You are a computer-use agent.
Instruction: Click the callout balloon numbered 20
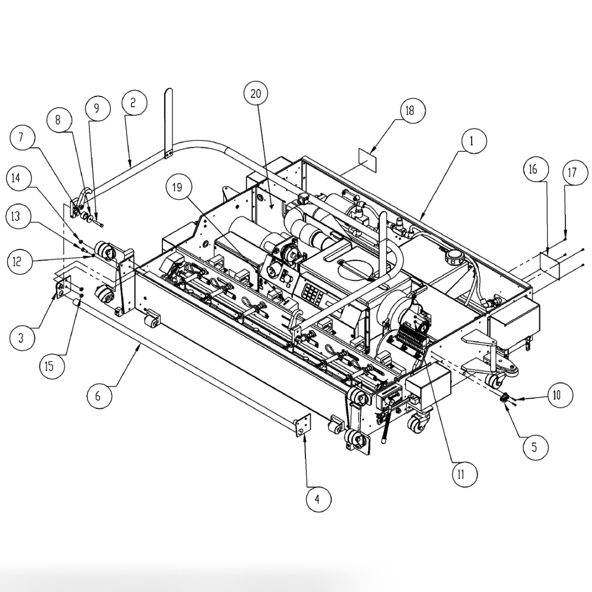pyautogui.click(x=256, y=94)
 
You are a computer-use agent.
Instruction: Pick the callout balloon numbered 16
pyautogui.click(x=533, y=169)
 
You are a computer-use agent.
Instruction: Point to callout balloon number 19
pyautogui.click(x=178, y=187)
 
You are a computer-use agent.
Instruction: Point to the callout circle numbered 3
pyautogui.click(x=21, y=338)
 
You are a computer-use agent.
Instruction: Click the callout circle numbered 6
pyautogui.click(x=98, y=396)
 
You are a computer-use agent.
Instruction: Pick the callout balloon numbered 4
pyautogui.click(x=316, y=500)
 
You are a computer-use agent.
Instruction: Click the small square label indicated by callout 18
pyautogui.click(x=367, y=158)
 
